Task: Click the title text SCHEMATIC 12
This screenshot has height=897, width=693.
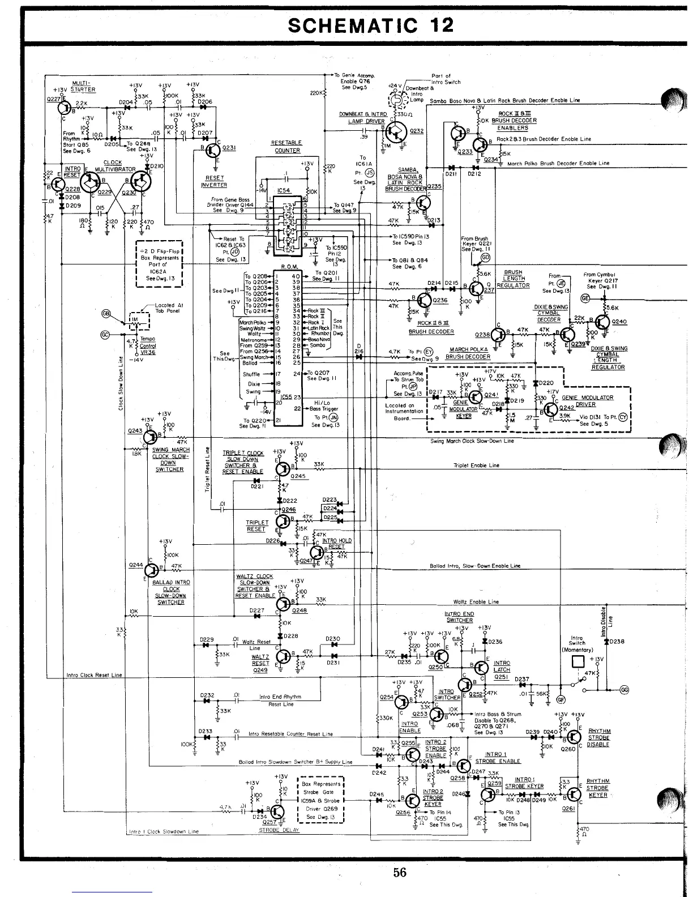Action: (371, 25)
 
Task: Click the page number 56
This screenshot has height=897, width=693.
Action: (400, 873)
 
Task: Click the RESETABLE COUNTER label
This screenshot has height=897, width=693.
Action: (288, 147)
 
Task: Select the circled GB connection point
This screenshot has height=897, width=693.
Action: (106, 314)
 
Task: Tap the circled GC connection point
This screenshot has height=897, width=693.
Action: (104, 334)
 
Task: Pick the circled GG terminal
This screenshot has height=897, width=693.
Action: (624, 689)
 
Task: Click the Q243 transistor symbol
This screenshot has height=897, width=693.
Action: (150, 437)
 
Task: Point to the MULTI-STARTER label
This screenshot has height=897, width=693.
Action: (83, 87)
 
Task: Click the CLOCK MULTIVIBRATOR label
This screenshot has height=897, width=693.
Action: (113, 166)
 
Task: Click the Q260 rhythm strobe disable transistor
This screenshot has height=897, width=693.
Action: (574, 737)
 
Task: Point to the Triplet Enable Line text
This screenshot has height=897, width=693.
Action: (476, 465)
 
